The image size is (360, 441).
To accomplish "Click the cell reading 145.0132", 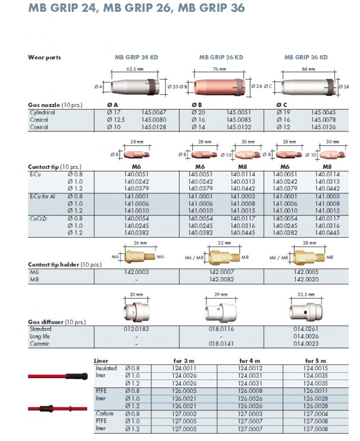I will click(239, 127).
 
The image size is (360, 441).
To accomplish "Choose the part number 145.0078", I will click(323, 120).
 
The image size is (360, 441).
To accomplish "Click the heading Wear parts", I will click(44, 57).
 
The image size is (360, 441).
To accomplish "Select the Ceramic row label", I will click(39, 343).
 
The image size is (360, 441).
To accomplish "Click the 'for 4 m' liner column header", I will click(250, 361).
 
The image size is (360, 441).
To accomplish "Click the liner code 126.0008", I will click(250, 391).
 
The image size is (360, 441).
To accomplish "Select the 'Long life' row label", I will click(40, 336).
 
